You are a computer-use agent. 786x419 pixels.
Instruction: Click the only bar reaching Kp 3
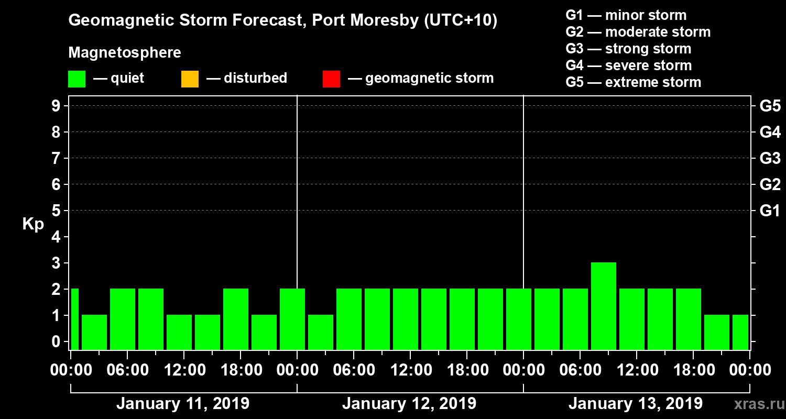604,306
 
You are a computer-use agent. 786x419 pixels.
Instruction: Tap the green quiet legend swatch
77,79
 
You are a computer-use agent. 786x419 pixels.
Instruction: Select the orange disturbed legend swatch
190,79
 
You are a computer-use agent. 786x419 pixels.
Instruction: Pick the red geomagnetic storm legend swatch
331,79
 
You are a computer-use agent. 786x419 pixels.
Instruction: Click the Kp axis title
33,224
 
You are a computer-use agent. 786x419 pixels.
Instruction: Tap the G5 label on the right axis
770,106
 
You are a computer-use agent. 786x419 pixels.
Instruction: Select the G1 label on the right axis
770,211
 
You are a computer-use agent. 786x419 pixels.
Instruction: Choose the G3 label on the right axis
770,158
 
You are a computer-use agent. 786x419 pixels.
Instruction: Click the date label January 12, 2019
409,404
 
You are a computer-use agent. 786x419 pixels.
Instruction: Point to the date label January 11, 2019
183,404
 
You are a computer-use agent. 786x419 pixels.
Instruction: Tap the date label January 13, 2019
636,404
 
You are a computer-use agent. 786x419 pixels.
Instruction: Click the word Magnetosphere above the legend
125,53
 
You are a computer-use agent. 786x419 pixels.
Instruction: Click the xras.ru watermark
755,405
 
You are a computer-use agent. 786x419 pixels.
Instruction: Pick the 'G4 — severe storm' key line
629,65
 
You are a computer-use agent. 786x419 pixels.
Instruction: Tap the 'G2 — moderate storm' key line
638,32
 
